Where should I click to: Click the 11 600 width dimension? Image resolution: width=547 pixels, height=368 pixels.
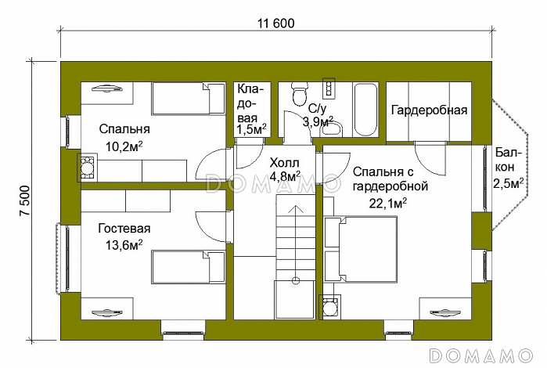click(x=276, y=23)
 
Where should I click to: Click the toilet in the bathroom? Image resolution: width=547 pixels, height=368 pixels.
click(x=299, y=93)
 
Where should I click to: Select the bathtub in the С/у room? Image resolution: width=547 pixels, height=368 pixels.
click(x=365, y=109)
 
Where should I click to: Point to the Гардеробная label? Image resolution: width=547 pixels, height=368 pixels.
click(x=429, y=110)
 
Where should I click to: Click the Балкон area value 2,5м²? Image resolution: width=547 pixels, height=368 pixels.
click(x=508, y=182)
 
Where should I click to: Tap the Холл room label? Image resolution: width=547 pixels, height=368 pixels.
click(x=285, y=163)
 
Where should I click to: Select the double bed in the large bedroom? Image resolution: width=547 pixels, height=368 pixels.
click(x=361, y=249)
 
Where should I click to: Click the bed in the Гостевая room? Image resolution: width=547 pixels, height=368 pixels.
click(x=189, y=268)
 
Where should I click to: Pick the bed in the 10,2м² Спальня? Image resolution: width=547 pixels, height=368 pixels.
click(x=189, y=99)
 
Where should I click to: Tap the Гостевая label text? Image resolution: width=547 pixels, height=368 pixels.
click(x=124, y=229)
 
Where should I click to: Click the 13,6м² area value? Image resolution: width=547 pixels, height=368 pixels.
click(x=124, y=245)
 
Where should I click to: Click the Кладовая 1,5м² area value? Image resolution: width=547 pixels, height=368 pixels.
click(x=251, y=129)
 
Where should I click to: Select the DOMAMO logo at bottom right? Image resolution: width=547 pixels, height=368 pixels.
click(x=481, y=355)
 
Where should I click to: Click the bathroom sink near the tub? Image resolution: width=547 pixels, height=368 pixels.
click(x=331, y=129)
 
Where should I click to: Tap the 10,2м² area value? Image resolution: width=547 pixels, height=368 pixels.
click(x=124, y=146)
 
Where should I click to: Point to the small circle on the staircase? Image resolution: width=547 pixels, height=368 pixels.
click(x=296, y=280)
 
